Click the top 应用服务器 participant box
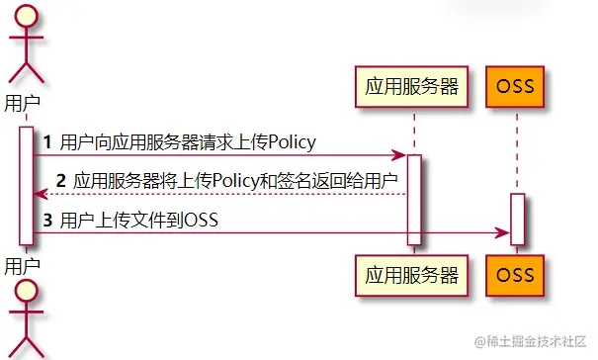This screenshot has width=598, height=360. pos(413,86)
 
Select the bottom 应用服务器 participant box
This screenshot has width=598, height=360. pos(413,273)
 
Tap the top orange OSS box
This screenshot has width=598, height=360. pos(516,86)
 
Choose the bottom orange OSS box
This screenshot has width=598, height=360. pos(516,273)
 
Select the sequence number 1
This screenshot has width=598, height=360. pos(46,142)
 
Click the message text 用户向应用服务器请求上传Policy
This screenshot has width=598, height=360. pos(188,142)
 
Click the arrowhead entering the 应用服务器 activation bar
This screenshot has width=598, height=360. pos(399,155)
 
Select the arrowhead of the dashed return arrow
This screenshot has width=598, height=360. pos(38,194)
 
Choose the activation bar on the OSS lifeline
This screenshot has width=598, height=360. pos(516,218)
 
